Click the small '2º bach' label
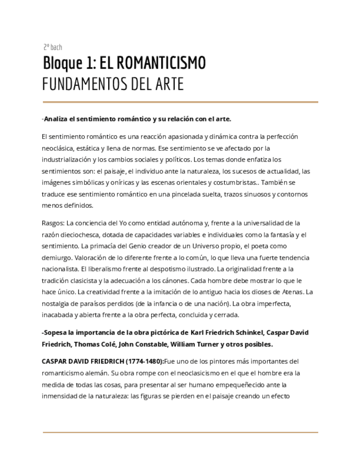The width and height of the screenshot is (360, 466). coord(53,47)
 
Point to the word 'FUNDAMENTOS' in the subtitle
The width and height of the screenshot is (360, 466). coord(82,85)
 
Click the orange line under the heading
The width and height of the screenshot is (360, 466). coord(180,102)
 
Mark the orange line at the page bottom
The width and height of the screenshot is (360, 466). coord(180,432)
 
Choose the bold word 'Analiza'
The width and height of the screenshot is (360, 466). coord(57,119)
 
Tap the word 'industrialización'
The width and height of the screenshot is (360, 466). coord(68,160)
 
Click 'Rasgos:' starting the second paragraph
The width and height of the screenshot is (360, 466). coord(53,223)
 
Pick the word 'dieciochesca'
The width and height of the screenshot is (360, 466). coord(80,235)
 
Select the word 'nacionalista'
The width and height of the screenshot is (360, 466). coord(59,269)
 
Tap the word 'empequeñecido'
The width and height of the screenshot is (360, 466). coord(251,385)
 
